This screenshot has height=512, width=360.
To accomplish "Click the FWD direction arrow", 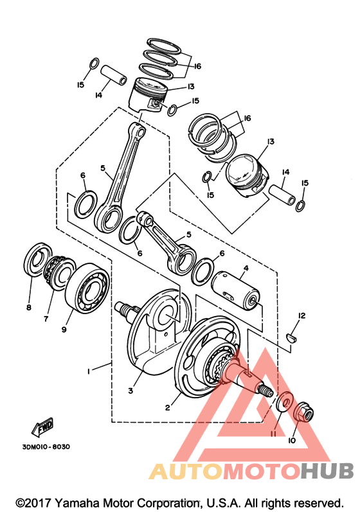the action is (42, 427).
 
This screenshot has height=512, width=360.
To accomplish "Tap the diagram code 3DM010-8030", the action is (46, 446).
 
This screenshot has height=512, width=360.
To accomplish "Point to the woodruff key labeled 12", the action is (292, 337).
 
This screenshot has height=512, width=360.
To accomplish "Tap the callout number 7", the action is (46, 319).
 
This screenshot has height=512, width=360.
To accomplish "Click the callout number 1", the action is (88, 371).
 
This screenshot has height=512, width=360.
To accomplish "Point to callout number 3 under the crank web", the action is (130, 391).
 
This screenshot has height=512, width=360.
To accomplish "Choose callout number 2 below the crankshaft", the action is (168, 407).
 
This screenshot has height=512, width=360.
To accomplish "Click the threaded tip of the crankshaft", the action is (265, 391).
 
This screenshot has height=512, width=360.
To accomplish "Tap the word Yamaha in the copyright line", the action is (77, 503).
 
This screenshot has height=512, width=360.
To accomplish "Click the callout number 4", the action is (246, 269).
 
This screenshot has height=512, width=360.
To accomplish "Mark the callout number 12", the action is (301, 316).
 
